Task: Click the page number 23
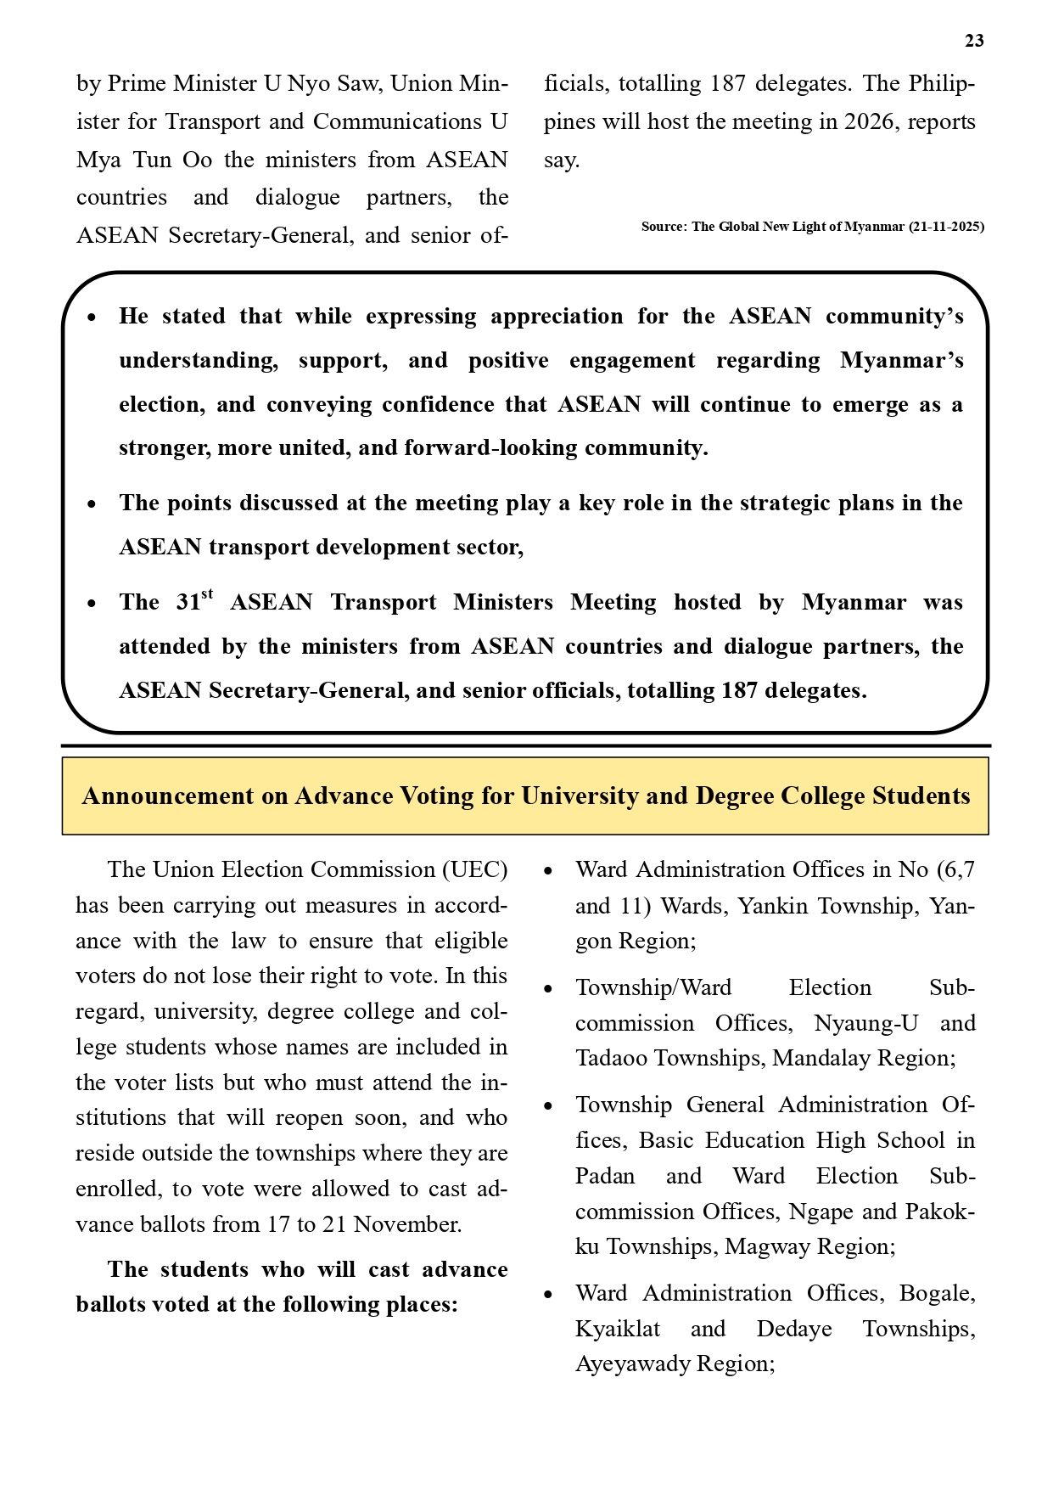tap(974, 41)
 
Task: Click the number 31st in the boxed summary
tap(194, 601)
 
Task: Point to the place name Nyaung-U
tap(865, 1023)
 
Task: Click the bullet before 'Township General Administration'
tap(548, 1106)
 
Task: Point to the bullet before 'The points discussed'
tap(92, 504)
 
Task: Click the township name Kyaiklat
tap(618, 1329)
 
